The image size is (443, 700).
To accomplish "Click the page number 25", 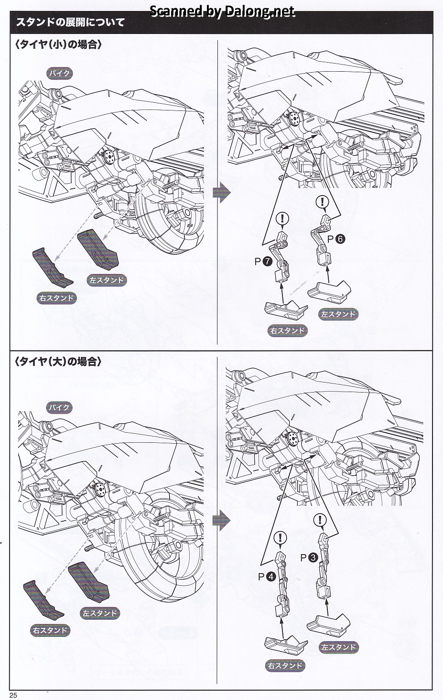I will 13,695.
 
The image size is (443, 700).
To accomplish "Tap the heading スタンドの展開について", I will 70,22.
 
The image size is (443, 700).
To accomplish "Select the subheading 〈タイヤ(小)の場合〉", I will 58,45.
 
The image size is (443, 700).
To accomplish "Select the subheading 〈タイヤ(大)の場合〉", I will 58,361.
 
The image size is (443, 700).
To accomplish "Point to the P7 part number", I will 263,262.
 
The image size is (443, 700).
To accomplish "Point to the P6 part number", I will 336,239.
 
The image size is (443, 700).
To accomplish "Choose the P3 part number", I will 309,557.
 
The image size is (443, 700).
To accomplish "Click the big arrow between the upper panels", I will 221,192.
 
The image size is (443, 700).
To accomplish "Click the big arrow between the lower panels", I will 221,520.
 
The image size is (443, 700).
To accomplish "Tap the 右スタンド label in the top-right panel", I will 287,330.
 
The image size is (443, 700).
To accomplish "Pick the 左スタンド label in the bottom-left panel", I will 99,613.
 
